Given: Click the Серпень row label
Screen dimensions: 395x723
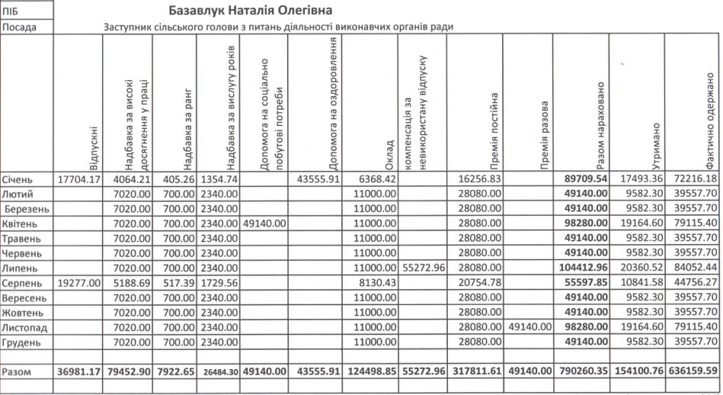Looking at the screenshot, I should click(x=23, y=282).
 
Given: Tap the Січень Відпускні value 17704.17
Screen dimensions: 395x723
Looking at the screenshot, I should click(x=79, y=179).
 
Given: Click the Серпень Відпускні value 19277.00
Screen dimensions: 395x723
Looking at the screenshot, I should click(x=79, y=282).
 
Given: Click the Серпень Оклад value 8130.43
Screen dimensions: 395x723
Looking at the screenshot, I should click(x=373, y=282).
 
